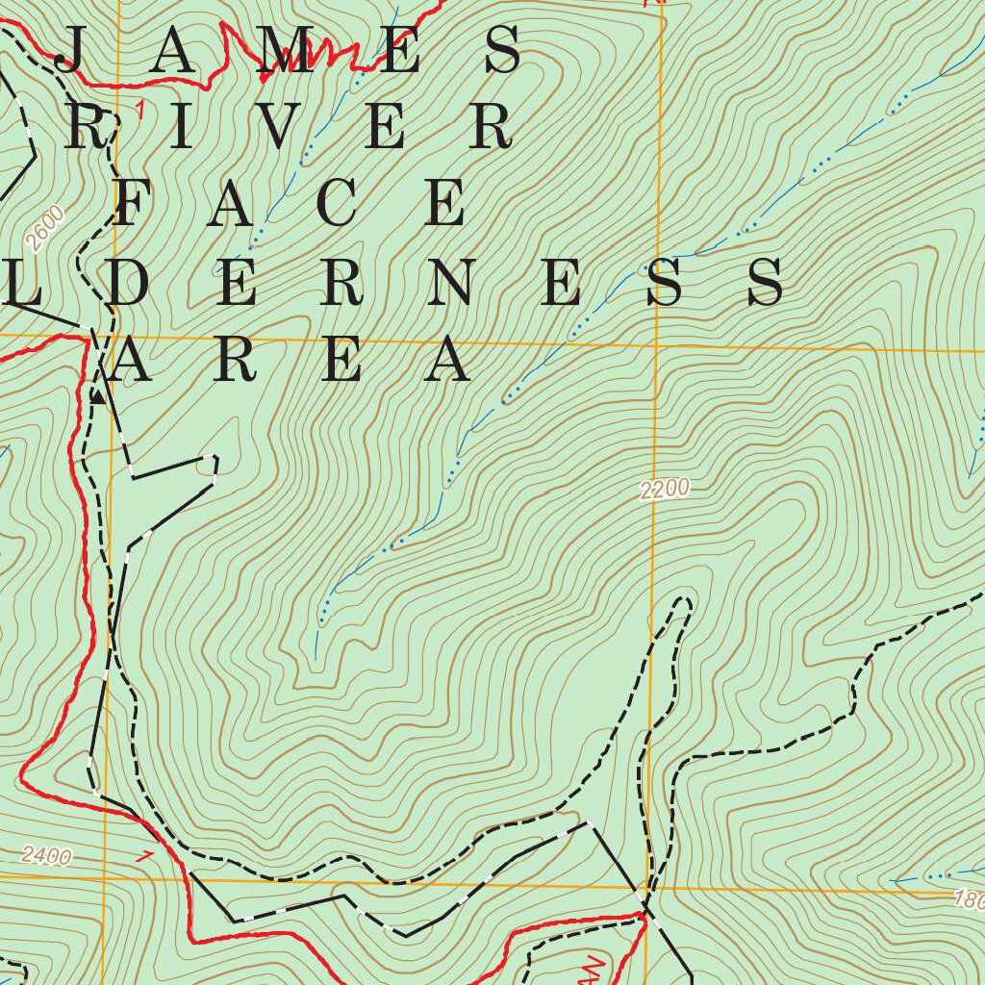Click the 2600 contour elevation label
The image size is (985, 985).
point(46,230)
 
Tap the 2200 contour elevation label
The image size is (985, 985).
point(665,490)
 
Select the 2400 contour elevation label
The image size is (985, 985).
point(45,855)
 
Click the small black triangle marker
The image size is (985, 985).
point(97,395)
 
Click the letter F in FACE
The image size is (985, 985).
point(135,203)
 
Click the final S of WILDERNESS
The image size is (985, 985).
point(767,282)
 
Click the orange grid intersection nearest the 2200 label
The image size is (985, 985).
point(654,345)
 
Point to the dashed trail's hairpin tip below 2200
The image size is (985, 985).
point(684,603)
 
